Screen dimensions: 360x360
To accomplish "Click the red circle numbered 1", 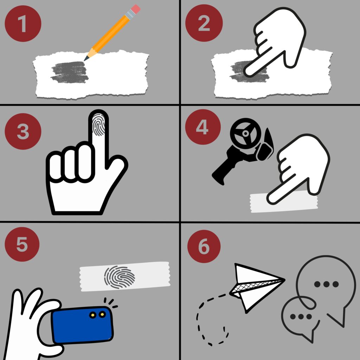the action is click(23, 24).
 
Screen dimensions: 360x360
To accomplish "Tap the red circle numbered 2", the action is click(204, 23).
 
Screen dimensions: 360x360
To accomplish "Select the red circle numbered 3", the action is click(23, 131).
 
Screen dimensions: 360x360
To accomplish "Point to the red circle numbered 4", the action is click(203, 127).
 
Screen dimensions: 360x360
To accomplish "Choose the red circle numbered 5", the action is click(22, 244).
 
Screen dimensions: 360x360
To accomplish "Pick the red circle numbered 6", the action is click(204, 246).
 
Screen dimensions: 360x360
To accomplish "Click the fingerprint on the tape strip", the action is click(120, 277).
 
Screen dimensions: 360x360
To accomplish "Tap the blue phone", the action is click(83, 324).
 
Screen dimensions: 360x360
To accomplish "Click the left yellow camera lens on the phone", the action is click(93, 315).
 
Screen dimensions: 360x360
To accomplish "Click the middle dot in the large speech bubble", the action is click(326, 284).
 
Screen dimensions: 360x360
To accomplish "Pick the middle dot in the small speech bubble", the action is click(301, 317).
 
